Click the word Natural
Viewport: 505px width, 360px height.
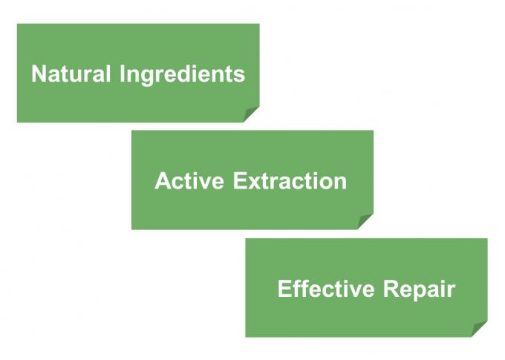71,73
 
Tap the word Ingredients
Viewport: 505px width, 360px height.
182,76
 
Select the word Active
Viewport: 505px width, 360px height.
189,180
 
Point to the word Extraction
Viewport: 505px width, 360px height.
290,180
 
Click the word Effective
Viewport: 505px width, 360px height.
326,288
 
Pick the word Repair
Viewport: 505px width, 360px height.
420,290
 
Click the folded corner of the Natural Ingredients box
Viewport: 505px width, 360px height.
251,114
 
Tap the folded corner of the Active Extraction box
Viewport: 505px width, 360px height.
365,221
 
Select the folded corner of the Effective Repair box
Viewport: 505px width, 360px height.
479,329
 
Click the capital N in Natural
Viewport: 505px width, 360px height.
39,73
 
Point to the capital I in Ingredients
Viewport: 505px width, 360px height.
122,73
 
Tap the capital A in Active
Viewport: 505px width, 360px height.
163,180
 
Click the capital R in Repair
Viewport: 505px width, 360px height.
391,288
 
